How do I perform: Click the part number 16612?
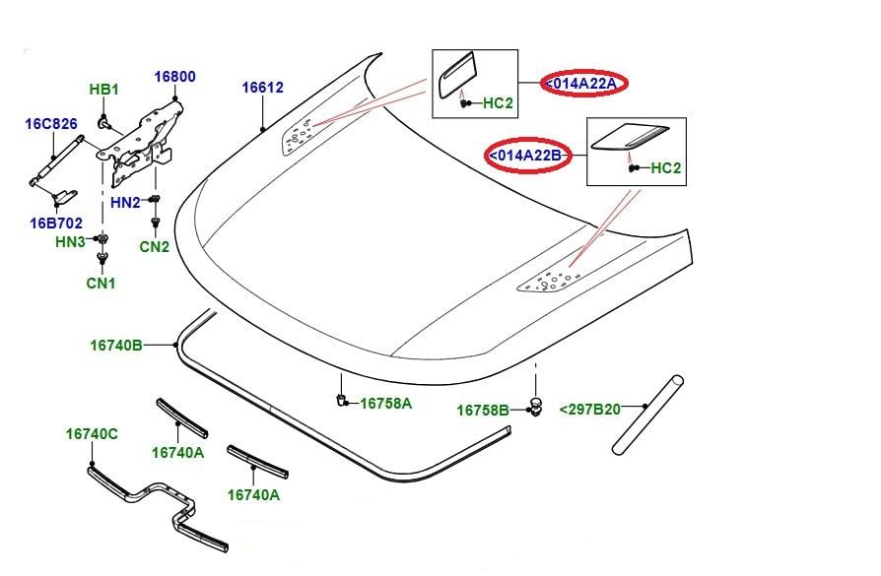(262, 88)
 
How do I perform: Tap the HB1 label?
(103, 91)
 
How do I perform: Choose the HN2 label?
(125, 202)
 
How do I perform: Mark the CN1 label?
(100, 284)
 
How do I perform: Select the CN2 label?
(154, 247)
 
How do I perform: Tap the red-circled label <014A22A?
(582, 84)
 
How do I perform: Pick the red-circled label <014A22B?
(528, 156)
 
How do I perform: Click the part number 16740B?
(116, 345)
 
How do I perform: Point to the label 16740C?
(92, 434)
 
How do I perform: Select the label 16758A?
(385, 404)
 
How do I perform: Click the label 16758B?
(482, 410)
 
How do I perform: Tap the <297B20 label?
(589, 410)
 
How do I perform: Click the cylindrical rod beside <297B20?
(647, 415)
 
